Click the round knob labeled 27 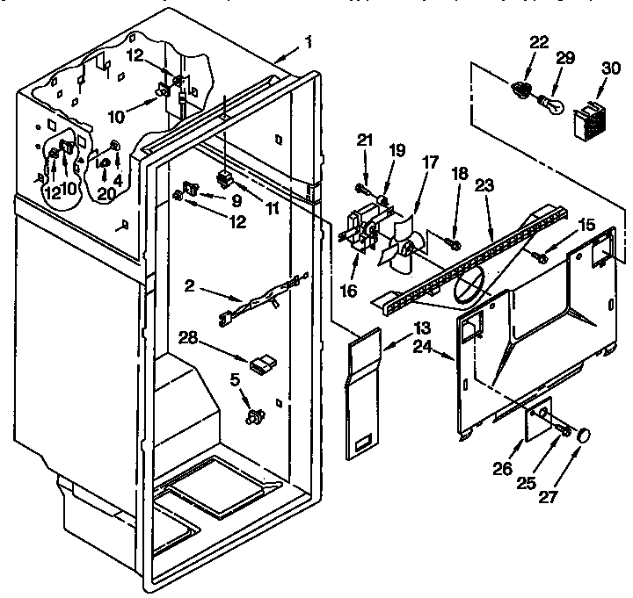pyautogui.click(x=583, y=435)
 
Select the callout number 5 pyautogui.click(x=233, y=379)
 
